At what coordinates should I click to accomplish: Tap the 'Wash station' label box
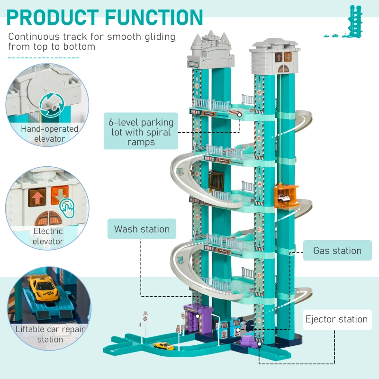(x=142, y=229)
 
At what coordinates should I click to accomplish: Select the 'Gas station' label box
(x=337, y=251)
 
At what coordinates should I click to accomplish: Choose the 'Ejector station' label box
(x=336, y=319)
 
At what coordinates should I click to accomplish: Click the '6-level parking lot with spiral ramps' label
(x=141, y=131)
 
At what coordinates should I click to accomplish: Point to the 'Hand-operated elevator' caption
(x=49, y=134)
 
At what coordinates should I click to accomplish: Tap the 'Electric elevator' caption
(x=48, y=236)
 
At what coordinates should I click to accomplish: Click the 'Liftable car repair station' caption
(x=50, y=334)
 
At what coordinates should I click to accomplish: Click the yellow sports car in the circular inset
(x=44, y=288)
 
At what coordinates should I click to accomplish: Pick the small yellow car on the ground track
(x=164, y=346)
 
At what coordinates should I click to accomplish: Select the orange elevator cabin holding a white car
(x=286, y=197)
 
